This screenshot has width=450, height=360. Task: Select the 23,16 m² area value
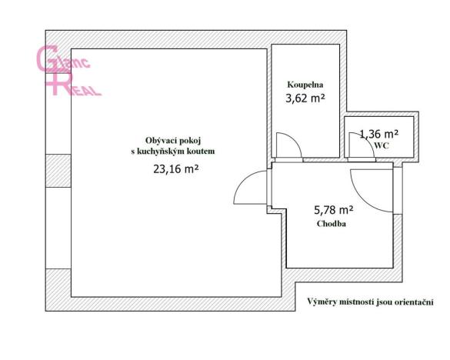click(176, 171)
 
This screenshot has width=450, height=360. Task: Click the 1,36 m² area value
click(379, 134)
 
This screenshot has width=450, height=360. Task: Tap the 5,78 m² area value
click(333, 208)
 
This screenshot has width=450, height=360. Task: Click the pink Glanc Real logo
click(68, 70)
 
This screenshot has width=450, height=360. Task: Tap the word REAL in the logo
click(82, 88)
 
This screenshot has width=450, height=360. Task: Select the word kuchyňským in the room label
click(173, 152)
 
